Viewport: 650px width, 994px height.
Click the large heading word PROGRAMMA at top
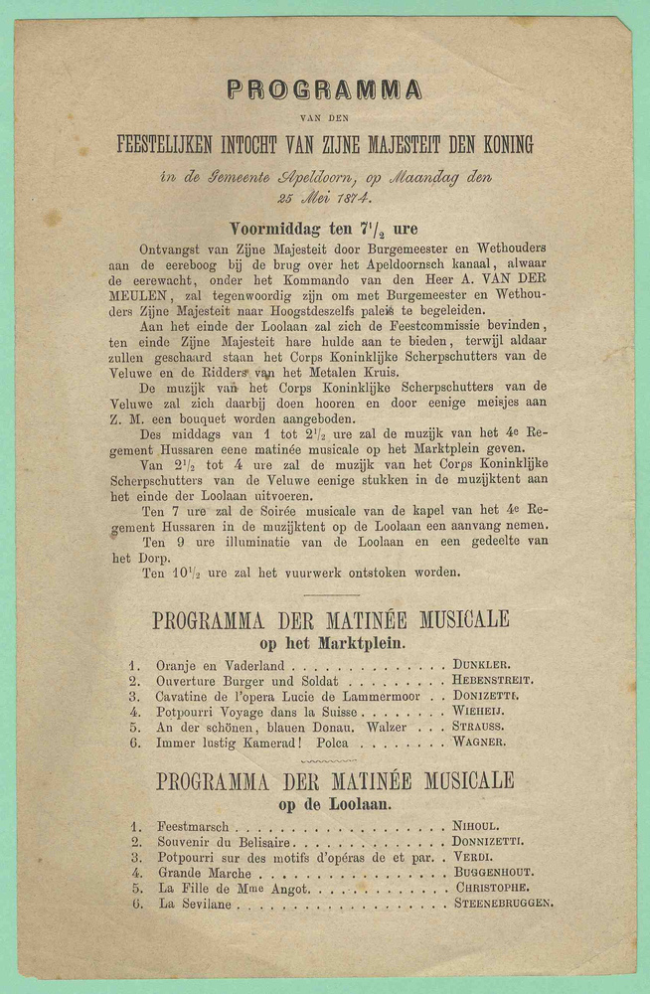click(x=324, y=90)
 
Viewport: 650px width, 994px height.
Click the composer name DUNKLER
click(x=482, y=664)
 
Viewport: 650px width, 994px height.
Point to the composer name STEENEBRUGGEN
click(x=504, y=904)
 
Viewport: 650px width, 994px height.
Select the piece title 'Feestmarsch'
click(x=193, y=826)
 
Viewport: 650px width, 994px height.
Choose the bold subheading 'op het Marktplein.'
click(x=329, y=642)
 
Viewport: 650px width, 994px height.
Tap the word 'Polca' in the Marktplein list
click(x=330, y=743)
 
